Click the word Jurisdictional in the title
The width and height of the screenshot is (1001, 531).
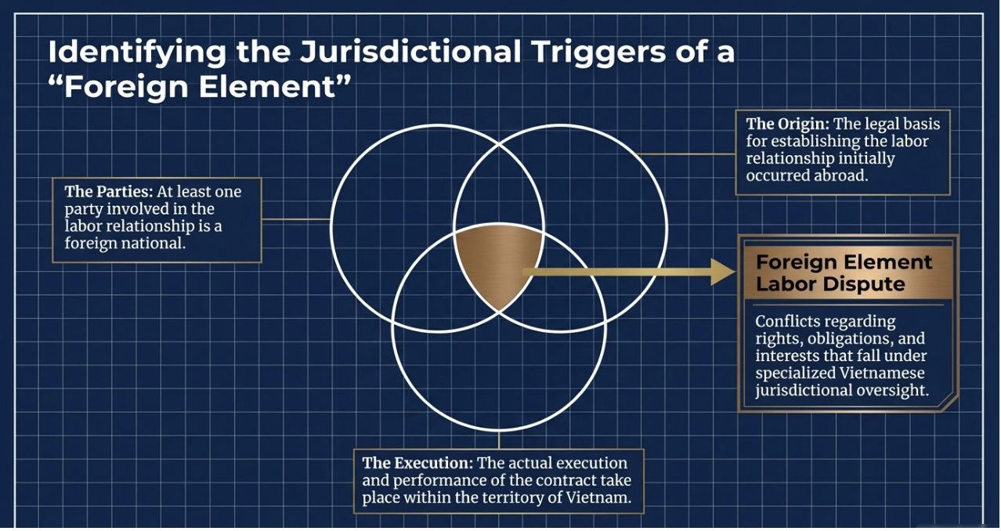(x=412, y=52)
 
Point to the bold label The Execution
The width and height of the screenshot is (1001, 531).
(x=415, y=463)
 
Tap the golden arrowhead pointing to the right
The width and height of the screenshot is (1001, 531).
(x=722, y=273)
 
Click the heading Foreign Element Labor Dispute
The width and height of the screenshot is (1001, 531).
(x=844, y=273)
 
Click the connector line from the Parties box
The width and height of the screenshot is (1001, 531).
(x=296, y=219)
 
